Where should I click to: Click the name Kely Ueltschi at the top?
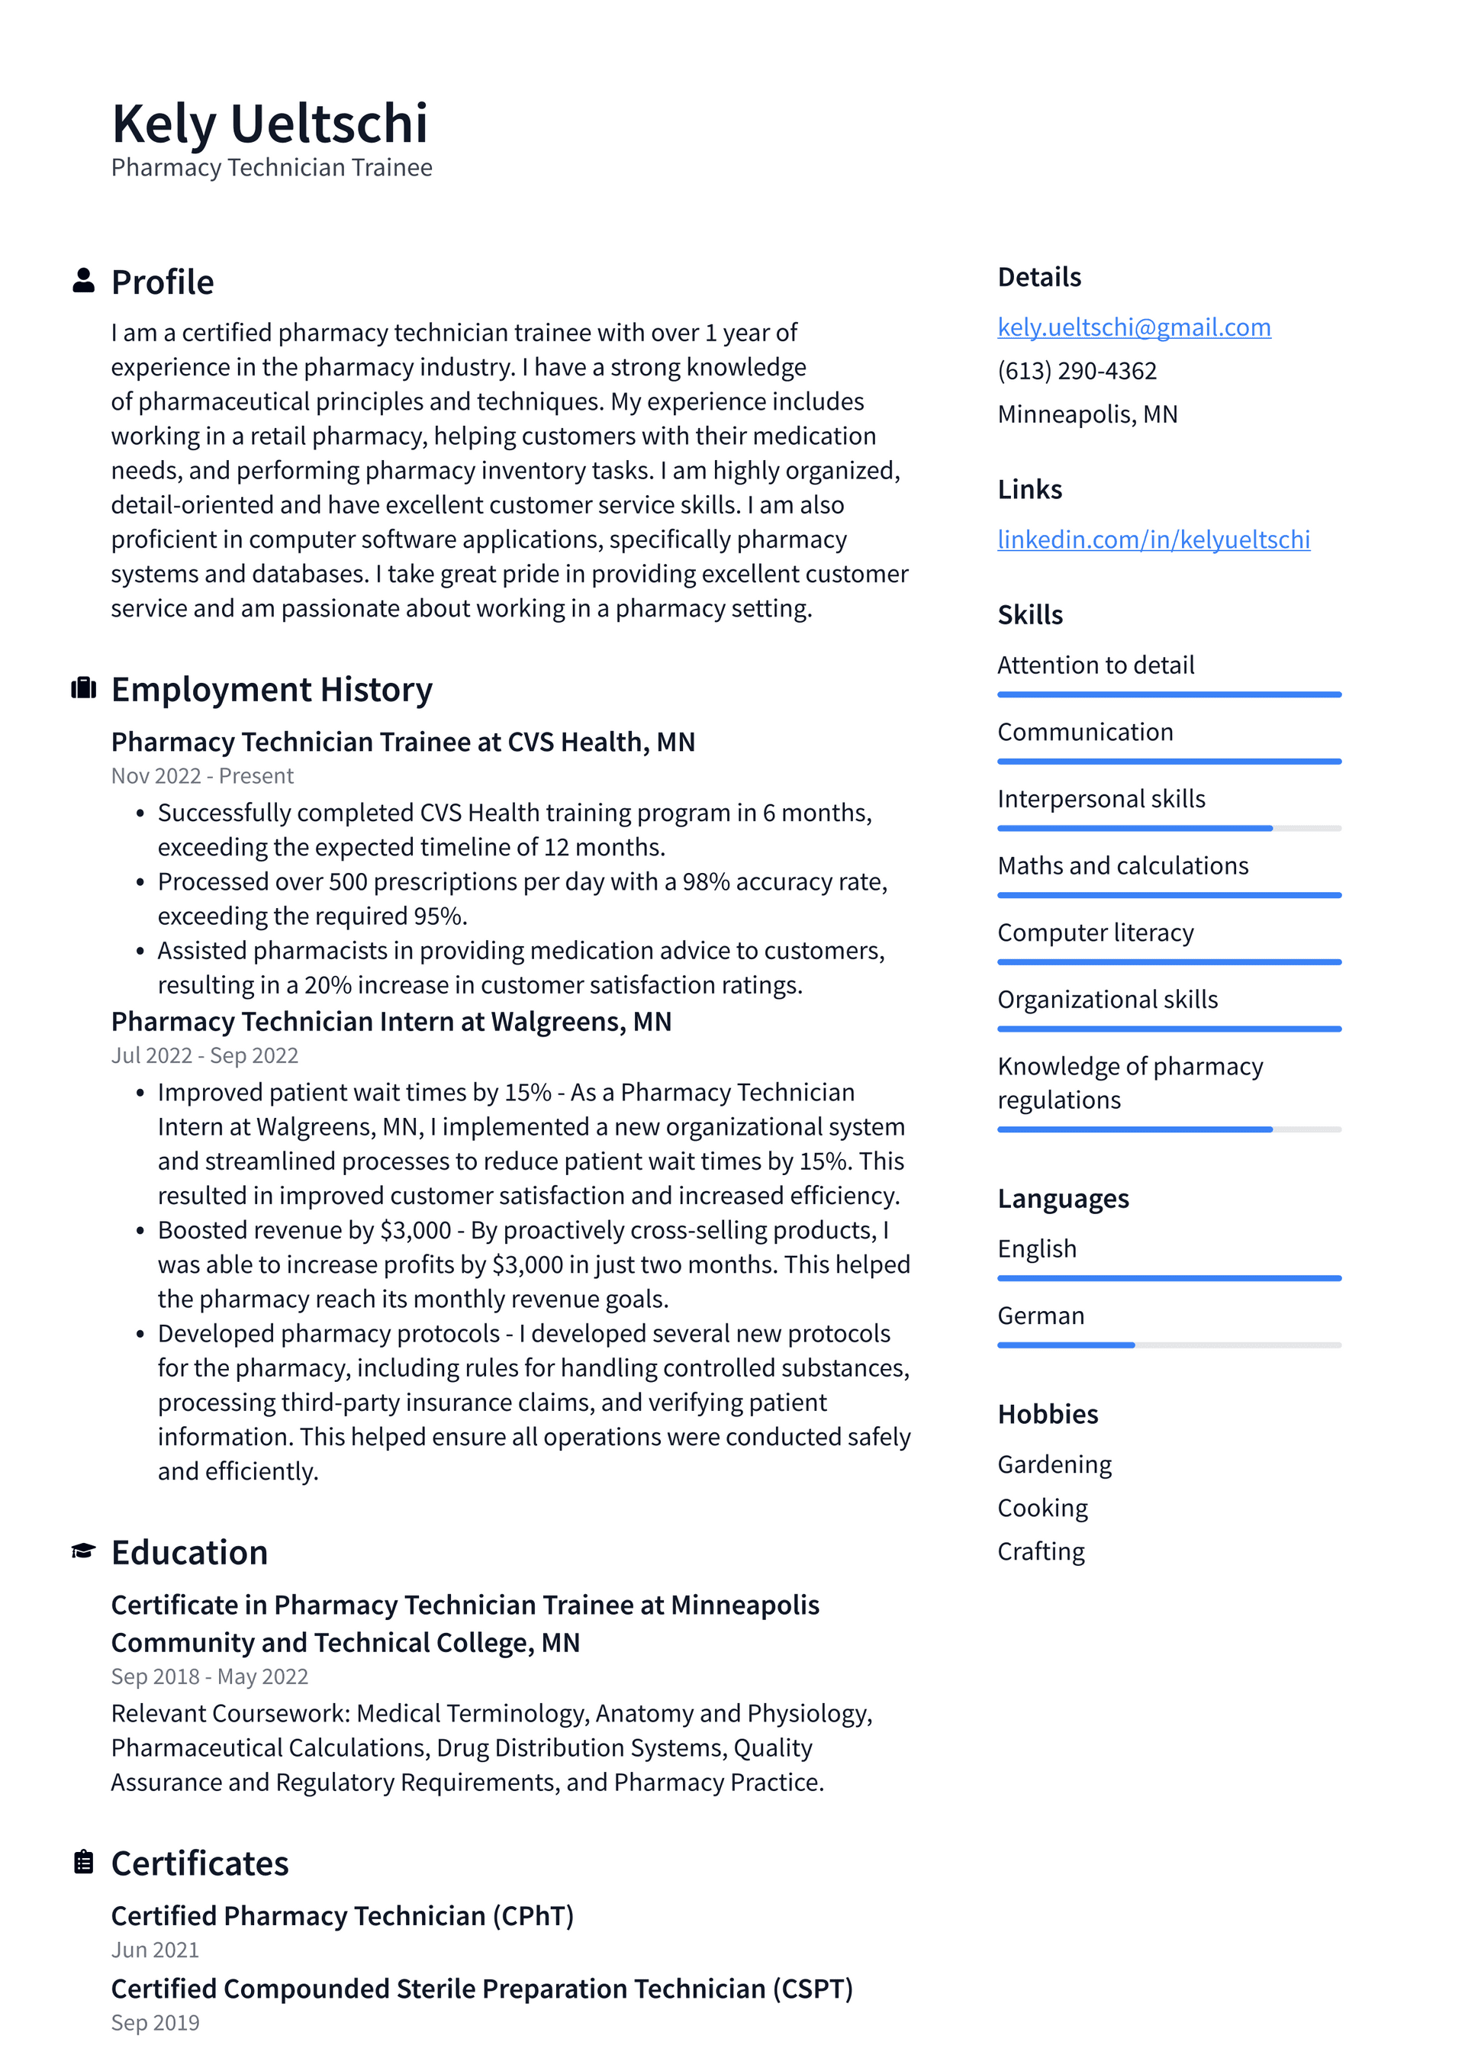[269, 124]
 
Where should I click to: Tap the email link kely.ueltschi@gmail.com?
[1134, 327]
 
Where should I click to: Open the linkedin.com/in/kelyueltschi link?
[1153, 539]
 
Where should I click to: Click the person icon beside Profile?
[83, 281]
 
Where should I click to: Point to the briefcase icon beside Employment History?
[83, 688]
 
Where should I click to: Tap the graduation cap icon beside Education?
[83, 1551]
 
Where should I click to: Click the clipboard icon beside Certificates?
[83, 1862]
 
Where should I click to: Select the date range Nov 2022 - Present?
[202, 776]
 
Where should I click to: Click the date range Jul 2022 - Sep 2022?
[204, 1055]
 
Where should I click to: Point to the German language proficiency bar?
[1168, 1345]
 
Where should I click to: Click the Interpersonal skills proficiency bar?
[1168, 828]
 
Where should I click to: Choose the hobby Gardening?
[1054, 1464]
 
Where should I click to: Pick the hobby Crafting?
[1040, 1551]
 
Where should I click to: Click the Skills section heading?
[1029, 615]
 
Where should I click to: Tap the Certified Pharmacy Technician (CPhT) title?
[342, 1915]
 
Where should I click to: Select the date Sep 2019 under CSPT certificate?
[155, 2022]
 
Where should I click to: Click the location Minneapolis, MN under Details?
[1087, 414]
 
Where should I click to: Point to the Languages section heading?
[1063, 1199]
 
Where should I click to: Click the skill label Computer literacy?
[1095, 932]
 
